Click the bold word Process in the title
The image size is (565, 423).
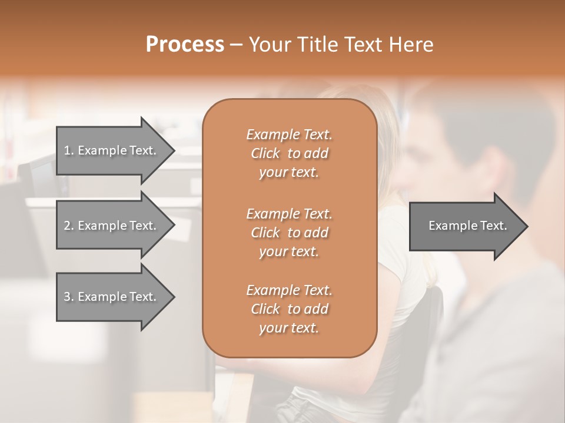coord(185,45)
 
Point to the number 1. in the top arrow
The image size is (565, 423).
coord(69,150)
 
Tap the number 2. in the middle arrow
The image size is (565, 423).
coord(69,226)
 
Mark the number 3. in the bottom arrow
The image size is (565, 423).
coord(69,297)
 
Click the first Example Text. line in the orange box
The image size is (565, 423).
coord(289,135)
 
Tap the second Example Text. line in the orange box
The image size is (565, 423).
coord(289,213)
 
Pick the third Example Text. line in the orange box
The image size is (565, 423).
coord(289,290)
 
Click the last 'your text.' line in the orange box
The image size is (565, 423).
coord(289,328)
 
